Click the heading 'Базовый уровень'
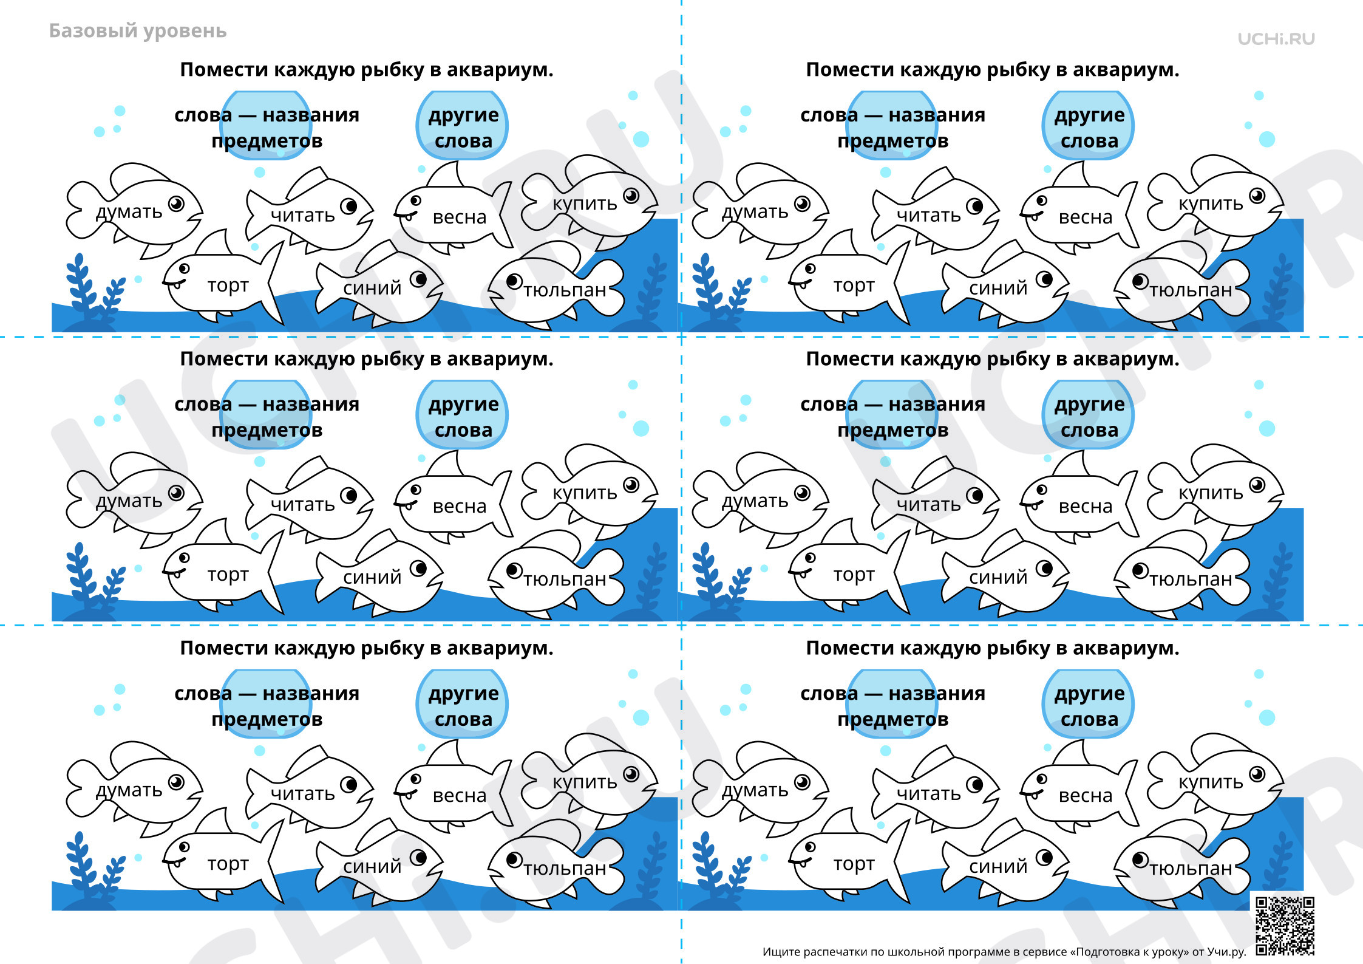coord(138,31)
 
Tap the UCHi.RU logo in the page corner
coord(1276,39)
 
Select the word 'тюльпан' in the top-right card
coord(1191,290)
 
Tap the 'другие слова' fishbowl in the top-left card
coord(463,126)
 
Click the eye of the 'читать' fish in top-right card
coord(974,206)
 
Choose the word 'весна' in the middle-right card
coord(1086,506)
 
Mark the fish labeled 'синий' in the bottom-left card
coord(379,863)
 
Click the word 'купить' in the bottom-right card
coord(1211,782)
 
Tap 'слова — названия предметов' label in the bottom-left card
coord(267,706)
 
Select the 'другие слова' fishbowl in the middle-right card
coord(1089,415)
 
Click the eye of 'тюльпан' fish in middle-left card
coord(514,570)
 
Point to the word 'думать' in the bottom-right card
coord(755,790)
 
